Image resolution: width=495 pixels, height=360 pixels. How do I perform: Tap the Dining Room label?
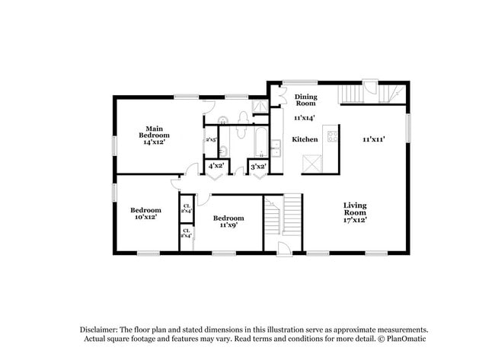pos(305,100)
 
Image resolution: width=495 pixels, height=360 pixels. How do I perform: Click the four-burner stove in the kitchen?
pos(332,137)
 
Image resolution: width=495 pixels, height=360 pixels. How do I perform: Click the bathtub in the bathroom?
pos(260,142)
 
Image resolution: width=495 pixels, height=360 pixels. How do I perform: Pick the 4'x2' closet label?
pos(216,166)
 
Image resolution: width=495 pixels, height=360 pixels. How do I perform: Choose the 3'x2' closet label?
pos(258,166)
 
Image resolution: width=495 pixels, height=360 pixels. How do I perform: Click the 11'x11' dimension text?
pos(372,139)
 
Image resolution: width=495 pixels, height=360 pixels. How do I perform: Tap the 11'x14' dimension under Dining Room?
pos(305,118)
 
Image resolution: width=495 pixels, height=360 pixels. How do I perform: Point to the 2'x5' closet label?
pos(211,140)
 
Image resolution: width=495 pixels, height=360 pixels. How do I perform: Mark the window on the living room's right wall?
pos(407,127)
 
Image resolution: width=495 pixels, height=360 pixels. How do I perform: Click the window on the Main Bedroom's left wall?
pos(114,144)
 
